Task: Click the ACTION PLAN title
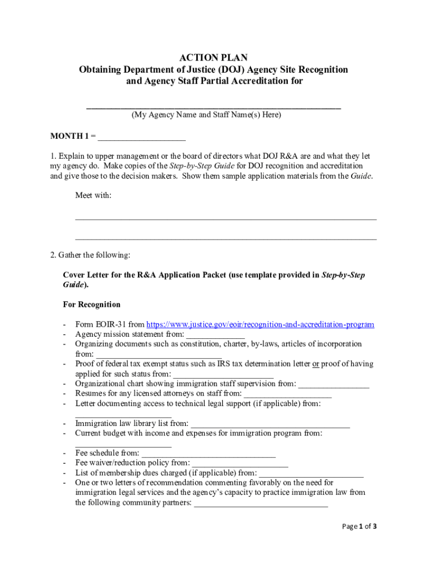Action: (x=213, y=58)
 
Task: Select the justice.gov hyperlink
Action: (x=260, y=324)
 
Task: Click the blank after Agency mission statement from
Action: (x=215, y=335)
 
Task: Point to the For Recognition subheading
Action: (x=91, y=305)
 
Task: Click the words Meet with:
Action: (x=93, y=195)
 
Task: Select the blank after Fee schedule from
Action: (x=209, y=454)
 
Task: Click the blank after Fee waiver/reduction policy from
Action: (x=240, y=463)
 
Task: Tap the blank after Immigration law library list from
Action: (x=271, y=424)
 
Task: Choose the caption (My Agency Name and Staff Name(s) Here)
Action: (x=206, y=115)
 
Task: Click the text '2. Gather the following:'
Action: (x=90, y=255)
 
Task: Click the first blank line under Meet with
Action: (x=226, y=219)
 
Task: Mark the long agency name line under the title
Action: (x=213, y=106)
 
